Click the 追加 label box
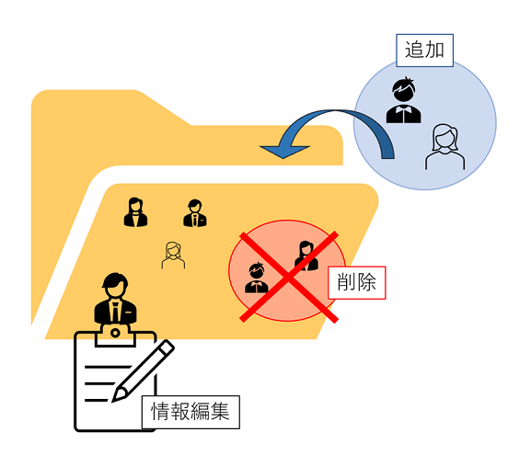(x=424, y=51)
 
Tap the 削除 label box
(x=356, y=282)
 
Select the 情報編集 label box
(x=190, y=412)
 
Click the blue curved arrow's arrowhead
(x=284, y=152)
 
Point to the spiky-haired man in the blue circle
(x=404, y=100)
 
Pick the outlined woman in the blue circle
(x=445, y=147)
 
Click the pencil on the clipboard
(x=143, y=371)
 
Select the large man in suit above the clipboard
(x=115, y=299)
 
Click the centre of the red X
(x=289, y=278)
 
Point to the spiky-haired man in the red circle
(x=257, y=278)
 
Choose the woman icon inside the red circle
(x=306, y=256)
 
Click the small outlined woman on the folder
(x=173, y=256)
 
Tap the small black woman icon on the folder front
(x=135, y=212)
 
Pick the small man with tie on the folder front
(x=195, y=213)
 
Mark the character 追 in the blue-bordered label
(x=415, y=51)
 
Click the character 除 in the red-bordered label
(x=366, y=282)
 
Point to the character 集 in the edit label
(x=220, y=412)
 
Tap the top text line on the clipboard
(x=108, y=367)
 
